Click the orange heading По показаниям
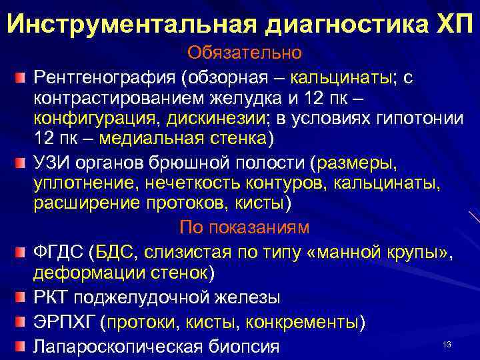244,227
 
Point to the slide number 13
447,344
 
